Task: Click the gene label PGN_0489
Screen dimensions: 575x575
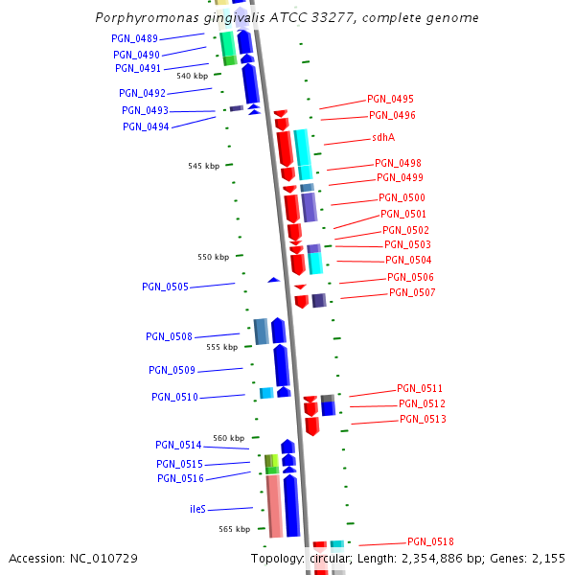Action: [134, 38]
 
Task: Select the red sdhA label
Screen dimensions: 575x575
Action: [383, 138]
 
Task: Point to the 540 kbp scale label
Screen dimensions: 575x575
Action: [192, 76]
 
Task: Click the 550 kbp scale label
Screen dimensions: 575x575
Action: [213, 257]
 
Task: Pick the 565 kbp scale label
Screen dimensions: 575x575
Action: [234, 529]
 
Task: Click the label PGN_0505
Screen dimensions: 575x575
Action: [165, 287]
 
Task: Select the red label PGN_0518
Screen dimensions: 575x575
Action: [430, 541]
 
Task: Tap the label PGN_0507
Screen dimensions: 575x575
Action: [412, 292]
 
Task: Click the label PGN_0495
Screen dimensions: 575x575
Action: [391, 100]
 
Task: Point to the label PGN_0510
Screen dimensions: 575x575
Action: [174, 397]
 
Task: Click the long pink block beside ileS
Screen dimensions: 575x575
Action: [273, 505]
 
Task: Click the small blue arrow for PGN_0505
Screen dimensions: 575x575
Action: [273, 280]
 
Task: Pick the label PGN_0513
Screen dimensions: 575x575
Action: [423, 420]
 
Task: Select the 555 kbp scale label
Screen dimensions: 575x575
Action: [221, 347]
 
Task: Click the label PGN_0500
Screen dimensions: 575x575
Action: [402, 197]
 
